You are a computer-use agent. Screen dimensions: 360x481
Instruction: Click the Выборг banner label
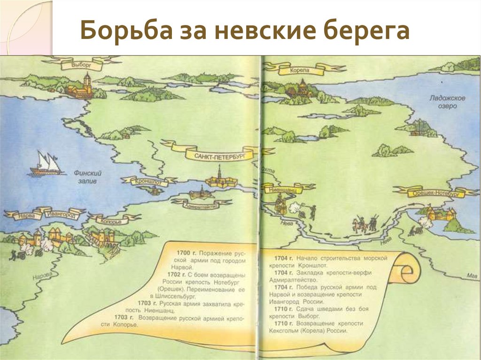(81, 64)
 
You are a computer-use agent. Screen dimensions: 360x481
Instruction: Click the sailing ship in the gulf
(46, 164)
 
